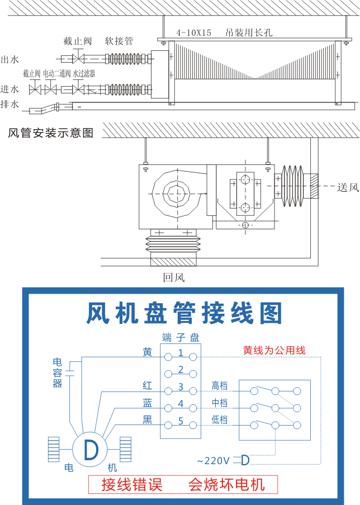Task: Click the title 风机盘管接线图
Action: [x=184, y=313]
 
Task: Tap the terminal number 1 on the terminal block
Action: [x=181, y=353]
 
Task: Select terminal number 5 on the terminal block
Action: [x=181, y=421]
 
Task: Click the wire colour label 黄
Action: [x=147, y=352]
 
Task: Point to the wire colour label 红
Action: [x=147, y=386]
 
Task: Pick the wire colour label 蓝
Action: [x=147, y=403]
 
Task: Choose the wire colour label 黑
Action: [x=147, y=420]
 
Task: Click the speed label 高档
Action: [x=220, y=385]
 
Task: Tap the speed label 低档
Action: [x=220, y=420]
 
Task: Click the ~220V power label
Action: [x=213, y=461]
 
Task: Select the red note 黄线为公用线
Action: [x=274, y=351]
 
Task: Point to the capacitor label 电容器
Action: [x=58, y=372]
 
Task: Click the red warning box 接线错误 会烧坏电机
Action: [x=183, y=484]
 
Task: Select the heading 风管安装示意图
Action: [x=50, y=133]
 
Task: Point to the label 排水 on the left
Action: [x=10, y=104]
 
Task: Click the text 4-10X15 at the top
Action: [x=193, y=32]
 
